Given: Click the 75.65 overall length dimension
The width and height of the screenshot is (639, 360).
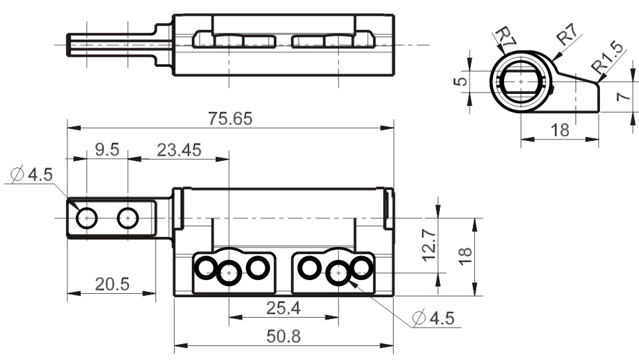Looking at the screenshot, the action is [230, 118].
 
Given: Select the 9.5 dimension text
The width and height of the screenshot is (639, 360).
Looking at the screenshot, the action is [106, 150].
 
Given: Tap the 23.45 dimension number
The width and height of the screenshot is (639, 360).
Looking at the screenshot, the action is [179, 150].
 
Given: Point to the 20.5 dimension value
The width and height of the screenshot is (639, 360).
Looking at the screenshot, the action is [112, 285].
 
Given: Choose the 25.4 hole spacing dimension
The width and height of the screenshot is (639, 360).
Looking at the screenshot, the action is [282, 308].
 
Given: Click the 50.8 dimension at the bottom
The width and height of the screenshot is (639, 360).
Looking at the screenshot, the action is [282, 336].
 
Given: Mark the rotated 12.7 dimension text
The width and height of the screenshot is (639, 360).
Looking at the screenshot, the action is [429, 246].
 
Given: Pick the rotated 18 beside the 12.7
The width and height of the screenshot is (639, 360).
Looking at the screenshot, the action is [465, 253].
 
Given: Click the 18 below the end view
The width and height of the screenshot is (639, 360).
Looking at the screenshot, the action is [560, 130].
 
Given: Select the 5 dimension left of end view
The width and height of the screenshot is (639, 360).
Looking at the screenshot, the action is [462, 79].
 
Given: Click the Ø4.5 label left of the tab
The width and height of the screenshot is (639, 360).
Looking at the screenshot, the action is [30, 175].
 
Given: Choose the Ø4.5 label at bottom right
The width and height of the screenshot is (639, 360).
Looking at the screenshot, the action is [433, 318].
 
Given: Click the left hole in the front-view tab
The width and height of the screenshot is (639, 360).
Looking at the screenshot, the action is [87, 217].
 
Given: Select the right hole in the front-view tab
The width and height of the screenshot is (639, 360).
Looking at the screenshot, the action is [128, 217].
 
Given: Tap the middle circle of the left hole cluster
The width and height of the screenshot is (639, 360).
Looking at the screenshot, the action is [229, 271].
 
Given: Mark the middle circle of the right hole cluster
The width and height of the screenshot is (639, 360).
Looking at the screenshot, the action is [339, 271].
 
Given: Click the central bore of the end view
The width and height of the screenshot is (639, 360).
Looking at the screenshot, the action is [521, 80].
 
